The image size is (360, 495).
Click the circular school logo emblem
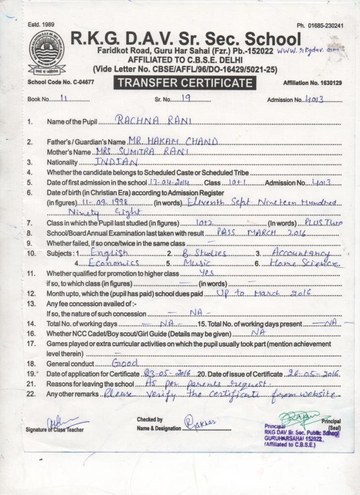tap(46, 51)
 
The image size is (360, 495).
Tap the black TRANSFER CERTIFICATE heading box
tap(185, 83)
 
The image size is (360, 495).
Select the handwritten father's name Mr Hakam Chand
tap(173, 141)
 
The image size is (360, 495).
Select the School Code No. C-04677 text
tap(61, 83)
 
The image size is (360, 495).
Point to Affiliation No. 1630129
tap(313, 83)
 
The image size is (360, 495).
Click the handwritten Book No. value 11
tap(63, 99)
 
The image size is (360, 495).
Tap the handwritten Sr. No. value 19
tap(186, 98)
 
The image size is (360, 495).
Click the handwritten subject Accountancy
tap(301, 252)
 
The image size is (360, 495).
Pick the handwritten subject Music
tap(198, 263)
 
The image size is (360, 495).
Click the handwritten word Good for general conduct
tap(125, 363)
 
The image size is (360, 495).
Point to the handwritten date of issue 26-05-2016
tap(312, 374)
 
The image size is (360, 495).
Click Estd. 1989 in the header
tap(41, 25)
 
